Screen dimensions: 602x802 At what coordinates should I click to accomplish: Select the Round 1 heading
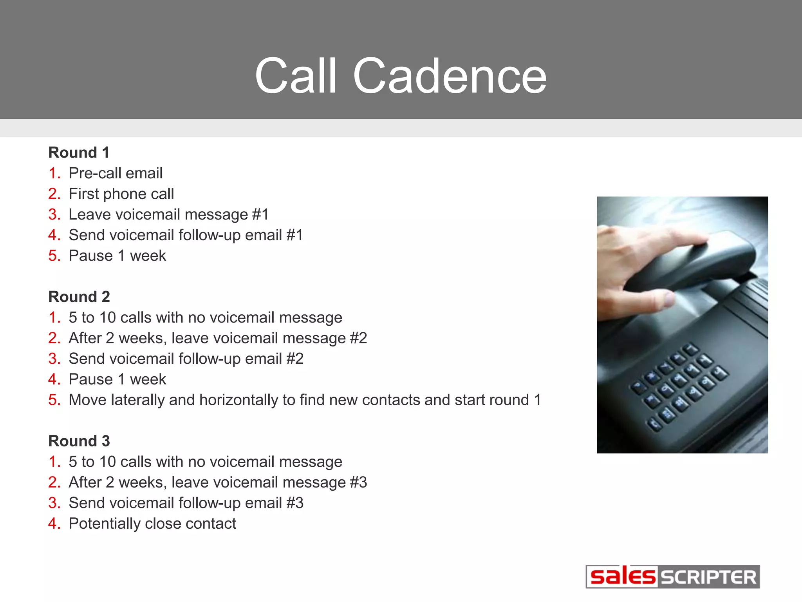point(79,152)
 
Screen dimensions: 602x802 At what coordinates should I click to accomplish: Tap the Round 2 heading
point(79,297)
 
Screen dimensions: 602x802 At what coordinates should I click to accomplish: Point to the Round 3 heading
point(79,441)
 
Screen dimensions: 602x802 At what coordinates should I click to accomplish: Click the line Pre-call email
point(116,173)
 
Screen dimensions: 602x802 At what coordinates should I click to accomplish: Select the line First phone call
point(121,194)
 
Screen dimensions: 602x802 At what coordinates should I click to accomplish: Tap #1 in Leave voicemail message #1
point(260,215)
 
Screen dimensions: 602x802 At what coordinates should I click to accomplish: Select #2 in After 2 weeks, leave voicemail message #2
point(358,338)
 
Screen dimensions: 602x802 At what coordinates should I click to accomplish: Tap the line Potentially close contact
point(152,524)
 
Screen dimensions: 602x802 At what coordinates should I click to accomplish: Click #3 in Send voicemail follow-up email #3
point(295,503)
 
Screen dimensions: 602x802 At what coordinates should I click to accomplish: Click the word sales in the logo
point(622,577)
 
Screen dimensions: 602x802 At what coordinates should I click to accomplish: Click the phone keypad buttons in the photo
point(679,386)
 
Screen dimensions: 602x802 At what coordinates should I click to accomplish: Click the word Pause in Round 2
point(91,379)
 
